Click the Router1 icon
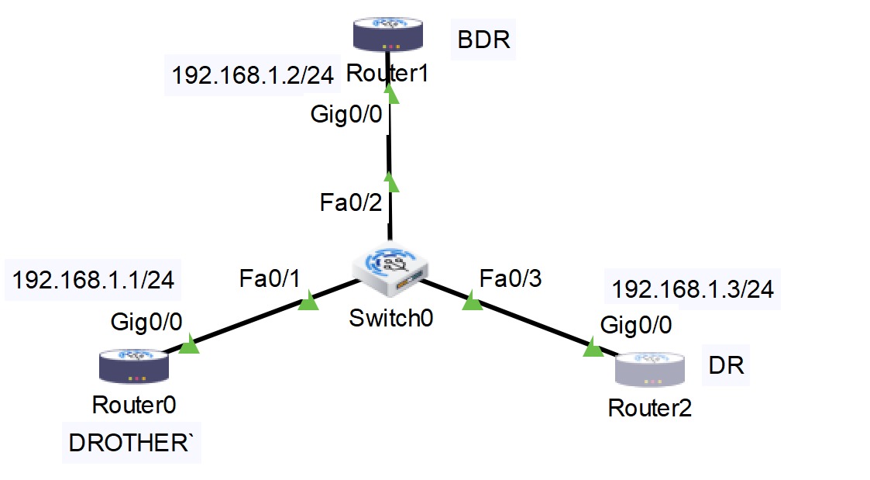click(x=387, y=35)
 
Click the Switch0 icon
click(x=389, y=268)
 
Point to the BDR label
click(x=483, y=40)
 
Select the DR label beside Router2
click(x=727, y=365)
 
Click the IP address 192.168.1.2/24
click(x=253, y=76)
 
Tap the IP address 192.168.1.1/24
click(x=94, y=280)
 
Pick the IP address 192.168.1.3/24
click(x=693, y=290)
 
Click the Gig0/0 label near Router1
click(x=346, y=115)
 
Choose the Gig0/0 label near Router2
click(x=636, y=326)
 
